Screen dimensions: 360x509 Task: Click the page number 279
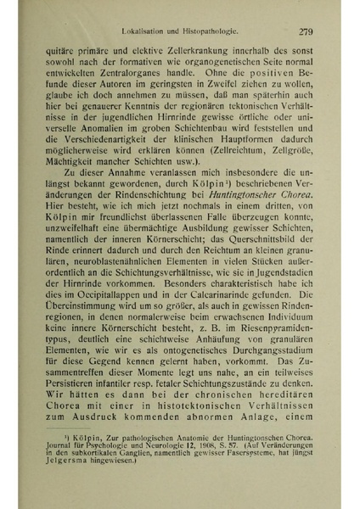(307, 33)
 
